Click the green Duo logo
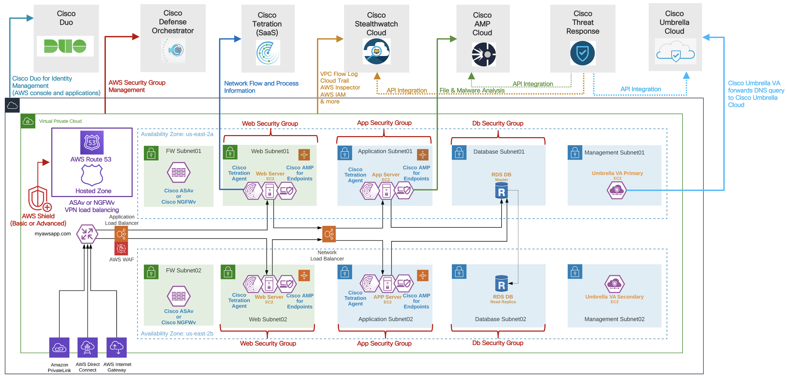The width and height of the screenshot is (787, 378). [65, 46]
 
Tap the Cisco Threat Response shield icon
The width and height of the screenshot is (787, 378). [582, 53]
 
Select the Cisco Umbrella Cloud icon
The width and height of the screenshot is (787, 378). [675, 52]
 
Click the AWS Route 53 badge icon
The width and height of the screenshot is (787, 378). [92, 143]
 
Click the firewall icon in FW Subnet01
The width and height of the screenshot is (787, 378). [179, 172]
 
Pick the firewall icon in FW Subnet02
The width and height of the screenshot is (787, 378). [179, 296]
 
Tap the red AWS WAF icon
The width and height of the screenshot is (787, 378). [121, 249]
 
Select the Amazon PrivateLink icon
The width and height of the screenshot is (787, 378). [59, 347]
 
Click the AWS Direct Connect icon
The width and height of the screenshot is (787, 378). [88, 347]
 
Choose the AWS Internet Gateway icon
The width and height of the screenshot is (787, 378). [117, 347]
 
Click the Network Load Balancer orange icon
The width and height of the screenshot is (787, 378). [329, 234]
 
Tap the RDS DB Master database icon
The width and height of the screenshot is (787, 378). [501, 191]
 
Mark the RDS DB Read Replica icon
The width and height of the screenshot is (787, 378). [501, 284]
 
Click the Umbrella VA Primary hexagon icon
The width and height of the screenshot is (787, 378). [617, 190]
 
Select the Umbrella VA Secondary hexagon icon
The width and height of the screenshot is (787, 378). [614, 284]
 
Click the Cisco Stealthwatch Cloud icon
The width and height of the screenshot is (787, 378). [376, 51]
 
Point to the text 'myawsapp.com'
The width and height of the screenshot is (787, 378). [53, 234]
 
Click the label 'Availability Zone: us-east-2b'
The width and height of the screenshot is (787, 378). [177, 333]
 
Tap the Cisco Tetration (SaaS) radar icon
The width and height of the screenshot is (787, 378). [268, 53]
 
